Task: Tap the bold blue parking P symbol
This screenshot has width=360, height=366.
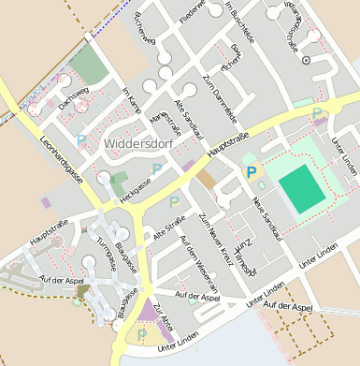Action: click(x=250, y=171)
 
